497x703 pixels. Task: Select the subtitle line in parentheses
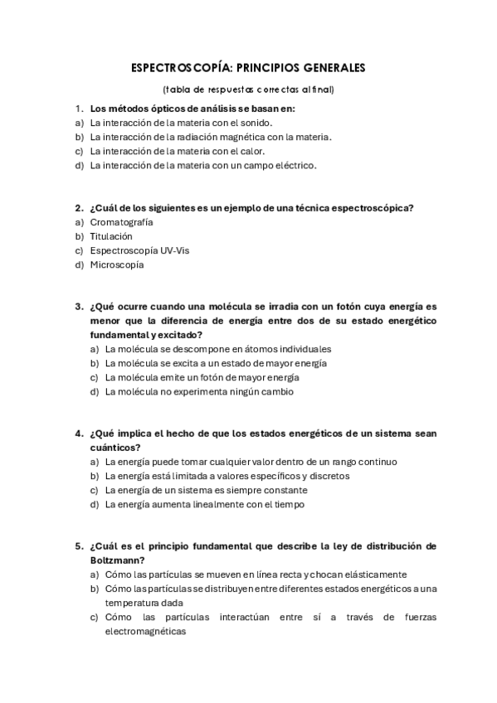249,89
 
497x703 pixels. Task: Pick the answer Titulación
111,236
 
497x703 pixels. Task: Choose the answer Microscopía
117,264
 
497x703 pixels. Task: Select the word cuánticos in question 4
112,448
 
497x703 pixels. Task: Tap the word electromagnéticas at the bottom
146,631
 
